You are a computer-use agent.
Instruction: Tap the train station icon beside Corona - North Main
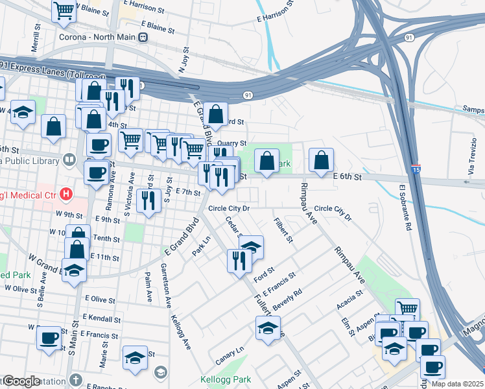coord(143,37)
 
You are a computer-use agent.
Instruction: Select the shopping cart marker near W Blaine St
coord(64,10)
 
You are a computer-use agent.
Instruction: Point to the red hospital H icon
coord(65,193)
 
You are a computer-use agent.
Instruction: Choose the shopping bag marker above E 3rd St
coord(216,114)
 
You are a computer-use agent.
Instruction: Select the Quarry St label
coord(232,143)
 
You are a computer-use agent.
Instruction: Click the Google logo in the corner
coord(21,381)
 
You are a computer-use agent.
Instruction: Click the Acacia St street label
coord(349,302)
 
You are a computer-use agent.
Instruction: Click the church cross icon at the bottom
coord(76,380)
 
